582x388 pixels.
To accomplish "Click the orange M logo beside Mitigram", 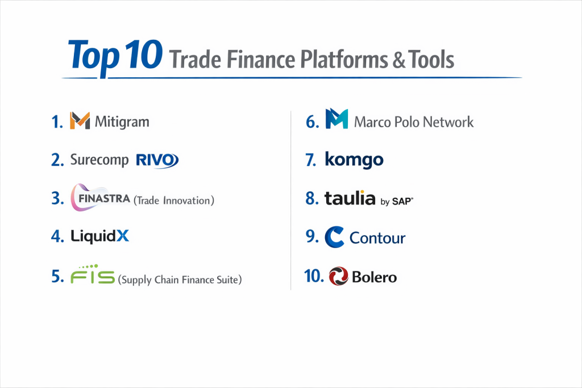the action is click(80, 120).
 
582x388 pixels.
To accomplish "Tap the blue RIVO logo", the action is click(157, 160).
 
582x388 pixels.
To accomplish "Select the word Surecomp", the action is click(99, 160).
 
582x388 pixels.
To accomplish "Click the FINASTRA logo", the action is click(100, 197).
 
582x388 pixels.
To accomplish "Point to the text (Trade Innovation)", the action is click(174, 201).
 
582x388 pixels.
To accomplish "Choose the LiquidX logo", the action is click(99, 236).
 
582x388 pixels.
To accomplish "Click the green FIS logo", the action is click(93, 274).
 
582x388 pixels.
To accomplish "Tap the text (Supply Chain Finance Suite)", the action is click(180, 279).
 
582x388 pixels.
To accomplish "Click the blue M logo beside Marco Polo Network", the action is click(336, 119).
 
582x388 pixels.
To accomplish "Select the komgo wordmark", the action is click(354, 160).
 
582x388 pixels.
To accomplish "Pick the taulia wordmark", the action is click(350, 198).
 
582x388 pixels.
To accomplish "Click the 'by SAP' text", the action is click(397, 202).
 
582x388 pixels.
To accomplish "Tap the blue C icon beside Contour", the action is click(334, 237).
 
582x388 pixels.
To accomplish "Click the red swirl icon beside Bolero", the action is click(339, 276).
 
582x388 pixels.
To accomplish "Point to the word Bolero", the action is click(374, 277).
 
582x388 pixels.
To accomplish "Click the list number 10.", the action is click(314, 276).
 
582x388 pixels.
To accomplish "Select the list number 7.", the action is click(311, 160).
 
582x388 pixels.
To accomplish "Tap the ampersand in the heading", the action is click(399, 60).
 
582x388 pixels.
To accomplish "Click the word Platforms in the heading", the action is click(344, 60).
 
